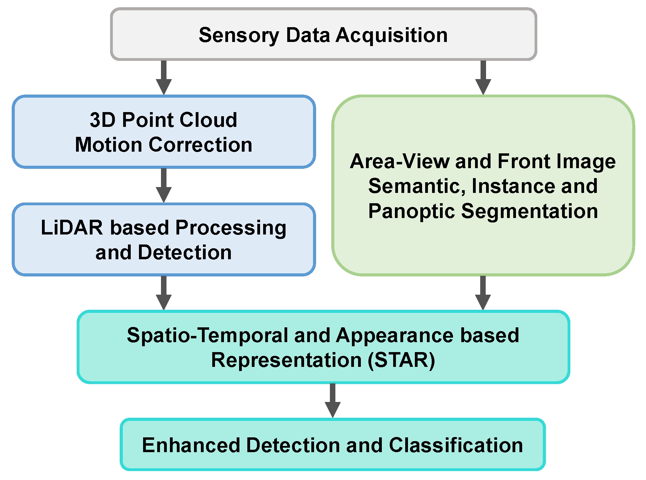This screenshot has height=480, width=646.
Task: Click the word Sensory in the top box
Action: click(239, 35)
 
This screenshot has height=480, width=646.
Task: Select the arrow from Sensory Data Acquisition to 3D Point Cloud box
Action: click(164, 77)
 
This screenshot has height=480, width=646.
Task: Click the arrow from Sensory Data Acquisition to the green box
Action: click(483, 77)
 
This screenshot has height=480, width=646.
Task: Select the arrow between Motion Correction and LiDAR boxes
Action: click(164, 185)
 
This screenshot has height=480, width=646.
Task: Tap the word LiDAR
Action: click(72, 228)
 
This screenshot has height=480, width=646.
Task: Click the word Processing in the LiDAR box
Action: click(231, 228)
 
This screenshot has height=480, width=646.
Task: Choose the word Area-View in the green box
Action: click(399, 162)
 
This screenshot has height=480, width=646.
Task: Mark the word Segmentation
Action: click(529, 211)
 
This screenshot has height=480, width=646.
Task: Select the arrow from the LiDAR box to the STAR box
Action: click(164, 293)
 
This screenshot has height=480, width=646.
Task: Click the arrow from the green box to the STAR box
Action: click(483, 293)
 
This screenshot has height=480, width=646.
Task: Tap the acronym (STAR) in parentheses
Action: click(401, 360)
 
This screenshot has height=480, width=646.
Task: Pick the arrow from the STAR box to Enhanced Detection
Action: click(332, 401)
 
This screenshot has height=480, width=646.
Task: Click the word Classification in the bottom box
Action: click(456, 445)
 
